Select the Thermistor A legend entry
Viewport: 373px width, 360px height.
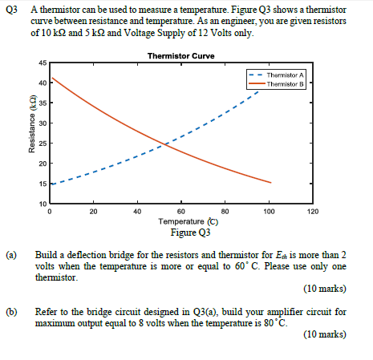pyautogui.click(x=286, y=73)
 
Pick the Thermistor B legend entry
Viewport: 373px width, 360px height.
pyautogui.click(x=286, y=82)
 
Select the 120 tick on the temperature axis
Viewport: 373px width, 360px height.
pyautogui.click(x=313, y=212)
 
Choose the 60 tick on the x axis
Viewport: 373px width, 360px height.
pyautogui.click(x=181, y=212)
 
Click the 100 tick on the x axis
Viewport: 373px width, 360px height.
pyautogui.click(x=269, y=212)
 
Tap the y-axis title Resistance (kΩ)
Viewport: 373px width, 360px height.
pyautogui.click(x=32, y=133)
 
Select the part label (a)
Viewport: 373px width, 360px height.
pyautogui.click(x=12, y=255)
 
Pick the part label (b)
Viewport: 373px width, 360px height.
pyautogui.click(x=12, y=309)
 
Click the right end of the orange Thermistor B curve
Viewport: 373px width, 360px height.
pyautogui.click(x=270, y=183)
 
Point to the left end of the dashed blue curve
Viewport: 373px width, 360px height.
pyautogui.click(x=51, y=184)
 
